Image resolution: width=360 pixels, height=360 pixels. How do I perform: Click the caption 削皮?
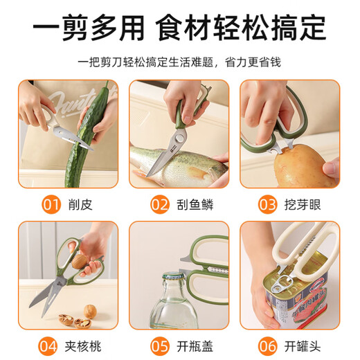[x=81, y=205]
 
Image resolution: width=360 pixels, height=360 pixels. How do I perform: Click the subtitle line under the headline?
[x=180, y=62]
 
